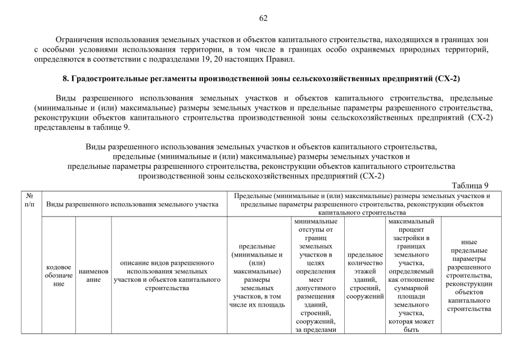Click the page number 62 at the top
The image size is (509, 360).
pos(263,18)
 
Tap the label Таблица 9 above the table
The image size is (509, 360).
pos(470,186)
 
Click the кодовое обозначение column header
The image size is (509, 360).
pos(58,276)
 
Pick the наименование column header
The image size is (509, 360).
pos(93,276)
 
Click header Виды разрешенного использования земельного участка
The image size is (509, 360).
pos(133,204)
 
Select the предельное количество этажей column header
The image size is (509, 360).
pos(365,276)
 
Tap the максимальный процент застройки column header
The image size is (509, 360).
pos(412,276)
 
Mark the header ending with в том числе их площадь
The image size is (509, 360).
pos(256,276)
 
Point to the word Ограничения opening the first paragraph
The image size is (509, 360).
pos(80,40)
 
